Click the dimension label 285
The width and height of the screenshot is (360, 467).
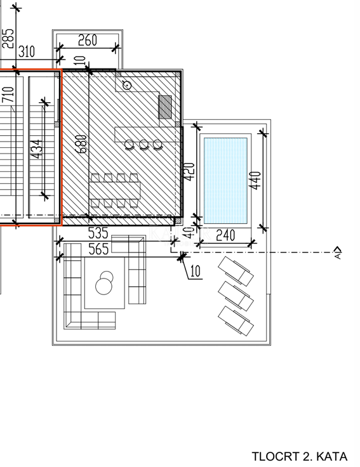(x=8, y=38)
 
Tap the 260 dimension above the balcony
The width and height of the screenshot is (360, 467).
(x=87, y=40)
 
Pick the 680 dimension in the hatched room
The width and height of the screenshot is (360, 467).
(x=81, y=144)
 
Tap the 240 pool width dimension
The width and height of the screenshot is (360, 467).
(x=225, y=235)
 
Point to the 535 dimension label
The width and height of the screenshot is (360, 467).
(x=98, y=233)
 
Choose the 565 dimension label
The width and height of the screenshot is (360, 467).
(x=98, y=249)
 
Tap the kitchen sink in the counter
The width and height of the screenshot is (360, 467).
(x=127, y=85)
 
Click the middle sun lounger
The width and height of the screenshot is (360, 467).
(x=236, y=296)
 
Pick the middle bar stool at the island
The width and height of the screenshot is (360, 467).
(x=143, y=145)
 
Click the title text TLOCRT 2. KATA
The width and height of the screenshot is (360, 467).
(x=299, y=456)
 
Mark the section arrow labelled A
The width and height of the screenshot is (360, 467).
(x=338, y=253)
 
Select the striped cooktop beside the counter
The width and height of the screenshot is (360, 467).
(x=165, y=107)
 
